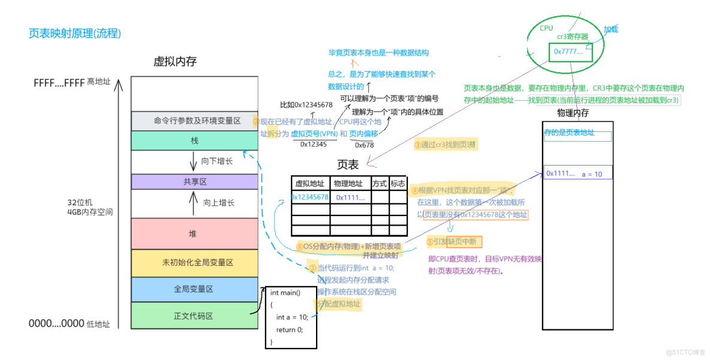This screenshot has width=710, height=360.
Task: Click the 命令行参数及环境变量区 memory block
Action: click(x=194, y=121)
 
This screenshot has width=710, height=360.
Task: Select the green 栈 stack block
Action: click(x=194, y=140)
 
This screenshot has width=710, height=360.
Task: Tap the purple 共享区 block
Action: click(x=194, y=181)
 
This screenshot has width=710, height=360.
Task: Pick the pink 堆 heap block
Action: click(x=194, y=233)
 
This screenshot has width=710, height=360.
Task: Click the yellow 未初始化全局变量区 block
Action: click(x=194, y=263)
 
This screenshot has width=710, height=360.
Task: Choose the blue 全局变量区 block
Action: click(x=194, y=289)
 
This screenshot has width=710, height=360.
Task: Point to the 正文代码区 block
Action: click(x=194, y=316)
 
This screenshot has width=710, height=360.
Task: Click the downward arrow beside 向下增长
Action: click(x=193, y=161)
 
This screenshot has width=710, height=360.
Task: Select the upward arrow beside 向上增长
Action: click(x=193, y=203)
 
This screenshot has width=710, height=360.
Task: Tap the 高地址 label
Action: click(x=98, y=82)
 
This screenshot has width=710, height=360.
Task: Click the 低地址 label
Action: click(x=98, y=324)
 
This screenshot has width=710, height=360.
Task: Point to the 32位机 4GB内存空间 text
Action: click(x=90, y=207)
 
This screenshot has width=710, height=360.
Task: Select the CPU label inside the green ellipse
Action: click(x=546, y=28)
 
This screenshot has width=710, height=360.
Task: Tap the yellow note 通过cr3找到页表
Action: click(x=446, y=145)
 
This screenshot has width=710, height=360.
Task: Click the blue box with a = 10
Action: click(x=577, y=173)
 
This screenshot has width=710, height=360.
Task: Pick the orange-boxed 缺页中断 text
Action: click(x=454, y=241)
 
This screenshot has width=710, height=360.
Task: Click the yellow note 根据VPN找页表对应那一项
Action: click(x=462, y=190)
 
